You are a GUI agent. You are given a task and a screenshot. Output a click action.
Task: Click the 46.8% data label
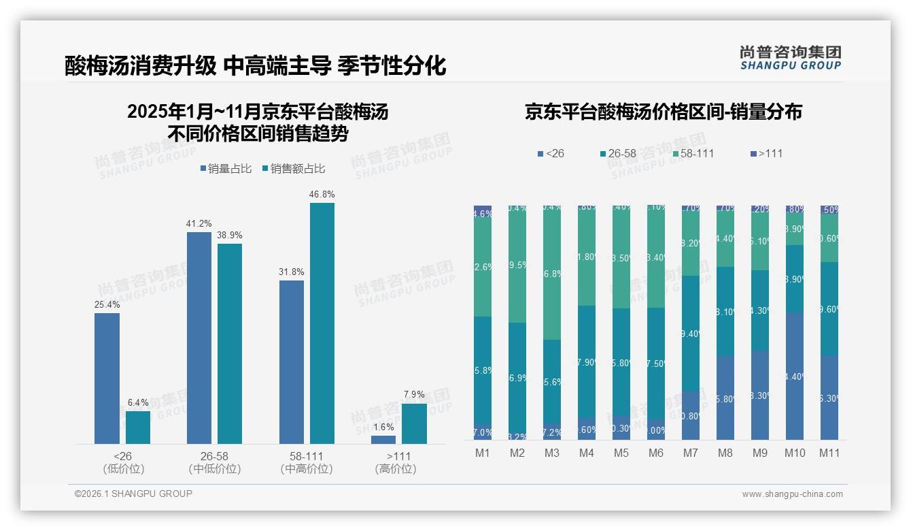click(x=322, y=195)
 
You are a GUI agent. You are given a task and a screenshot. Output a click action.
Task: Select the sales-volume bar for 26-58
click(x=199, y=338)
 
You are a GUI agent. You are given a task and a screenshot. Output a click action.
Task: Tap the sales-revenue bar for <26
click(x=138, y=428)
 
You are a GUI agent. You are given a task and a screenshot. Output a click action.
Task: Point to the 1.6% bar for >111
click(x=383, y=440)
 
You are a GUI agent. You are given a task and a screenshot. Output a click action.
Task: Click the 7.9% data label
click(x=414, y=395)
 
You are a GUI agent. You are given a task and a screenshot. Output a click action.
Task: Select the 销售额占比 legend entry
click(x=293, y=169)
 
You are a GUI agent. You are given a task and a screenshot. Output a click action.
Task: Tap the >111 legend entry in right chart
click(x=766, y=154)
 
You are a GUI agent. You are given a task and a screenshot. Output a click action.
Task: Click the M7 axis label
click(x=691, y=453)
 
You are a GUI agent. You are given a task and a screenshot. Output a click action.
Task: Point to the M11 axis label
click(x=829, y=453)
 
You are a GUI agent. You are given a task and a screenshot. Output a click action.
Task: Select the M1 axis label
click(x=483, y=453)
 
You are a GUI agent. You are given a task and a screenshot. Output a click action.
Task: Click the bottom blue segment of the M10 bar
click(x=794, y=376)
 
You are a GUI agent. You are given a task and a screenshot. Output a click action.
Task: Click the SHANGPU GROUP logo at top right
click(x=790, y=58)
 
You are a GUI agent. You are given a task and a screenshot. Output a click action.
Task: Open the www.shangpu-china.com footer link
click(x=792, y=494)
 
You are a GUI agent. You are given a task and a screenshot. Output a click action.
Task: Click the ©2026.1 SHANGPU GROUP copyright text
click(x=133, y=494)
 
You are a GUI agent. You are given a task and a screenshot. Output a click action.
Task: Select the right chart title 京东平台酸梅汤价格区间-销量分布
click(x=663, y=112)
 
